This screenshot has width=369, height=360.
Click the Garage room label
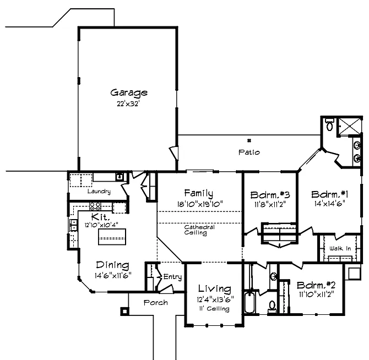tap(128, 92)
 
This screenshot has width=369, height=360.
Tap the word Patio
tap(249, 152)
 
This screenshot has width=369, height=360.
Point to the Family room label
tap(199, 193)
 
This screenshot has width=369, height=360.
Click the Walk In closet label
tap(340, 249)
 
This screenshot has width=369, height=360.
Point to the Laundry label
tap(99, 192)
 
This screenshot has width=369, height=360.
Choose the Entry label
tap(172, 277)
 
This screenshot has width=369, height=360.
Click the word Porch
tap(156, 303)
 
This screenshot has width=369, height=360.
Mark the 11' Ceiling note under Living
tap(214, 308)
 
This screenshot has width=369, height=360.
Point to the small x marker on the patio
tap(249, 140)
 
